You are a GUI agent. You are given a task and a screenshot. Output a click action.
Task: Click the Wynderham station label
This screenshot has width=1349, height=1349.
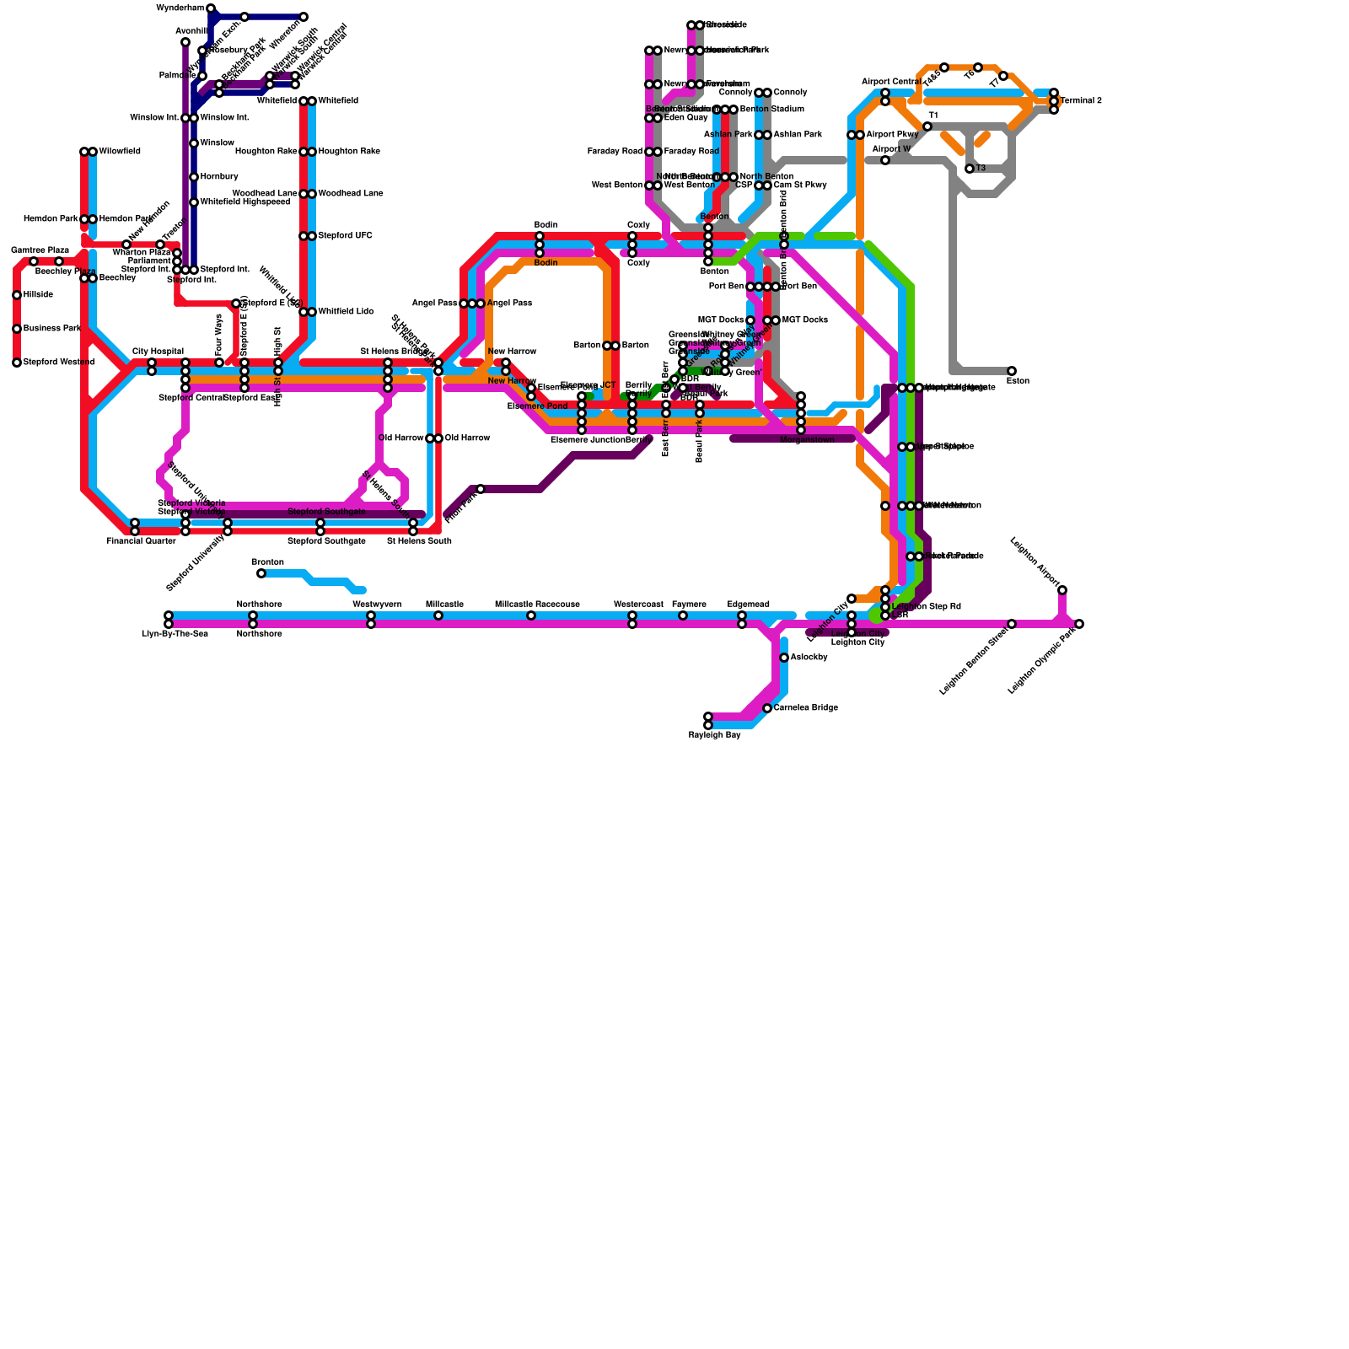point(180,8)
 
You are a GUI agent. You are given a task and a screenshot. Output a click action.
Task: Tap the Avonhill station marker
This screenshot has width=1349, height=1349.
point(185,42)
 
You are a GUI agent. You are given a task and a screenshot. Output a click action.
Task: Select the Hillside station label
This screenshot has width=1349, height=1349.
point(38,295)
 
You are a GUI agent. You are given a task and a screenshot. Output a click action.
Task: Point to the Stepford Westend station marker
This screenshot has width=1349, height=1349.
point(17,363)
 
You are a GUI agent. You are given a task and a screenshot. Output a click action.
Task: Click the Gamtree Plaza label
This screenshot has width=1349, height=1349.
point(40,250)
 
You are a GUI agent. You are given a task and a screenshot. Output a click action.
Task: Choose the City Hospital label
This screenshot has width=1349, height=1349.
point(158,352)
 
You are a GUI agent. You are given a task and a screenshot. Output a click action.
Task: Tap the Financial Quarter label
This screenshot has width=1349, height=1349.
point(141,541)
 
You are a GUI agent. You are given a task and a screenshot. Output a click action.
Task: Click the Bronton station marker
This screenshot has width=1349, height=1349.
point(261,573)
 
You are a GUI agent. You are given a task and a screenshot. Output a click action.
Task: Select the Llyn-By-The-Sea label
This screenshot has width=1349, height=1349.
point(175,634)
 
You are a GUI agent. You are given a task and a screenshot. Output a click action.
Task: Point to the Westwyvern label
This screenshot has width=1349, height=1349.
point(377,605)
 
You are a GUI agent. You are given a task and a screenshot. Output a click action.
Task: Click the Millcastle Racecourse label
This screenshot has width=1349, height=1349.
point(537,605)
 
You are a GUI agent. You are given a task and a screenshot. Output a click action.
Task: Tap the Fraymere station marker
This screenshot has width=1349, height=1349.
point(683,615)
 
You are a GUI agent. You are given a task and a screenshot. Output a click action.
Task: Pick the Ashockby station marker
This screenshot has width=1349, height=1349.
point(784,658)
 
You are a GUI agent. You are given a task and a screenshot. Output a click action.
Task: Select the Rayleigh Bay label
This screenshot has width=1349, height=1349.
point(714,735)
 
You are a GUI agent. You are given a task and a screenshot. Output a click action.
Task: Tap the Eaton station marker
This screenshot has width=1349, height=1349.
point(1012,371)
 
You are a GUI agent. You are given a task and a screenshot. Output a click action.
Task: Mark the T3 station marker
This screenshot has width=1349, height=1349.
point(970,169)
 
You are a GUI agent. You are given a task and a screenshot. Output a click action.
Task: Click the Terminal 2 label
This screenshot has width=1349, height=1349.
point(1081,101)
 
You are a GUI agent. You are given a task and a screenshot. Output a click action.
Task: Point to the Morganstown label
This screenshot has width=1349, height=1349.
point(807,440)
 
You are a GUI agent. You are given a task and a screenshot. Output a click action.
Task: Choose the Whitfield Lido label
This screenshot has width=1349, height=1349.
point(346,312)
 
